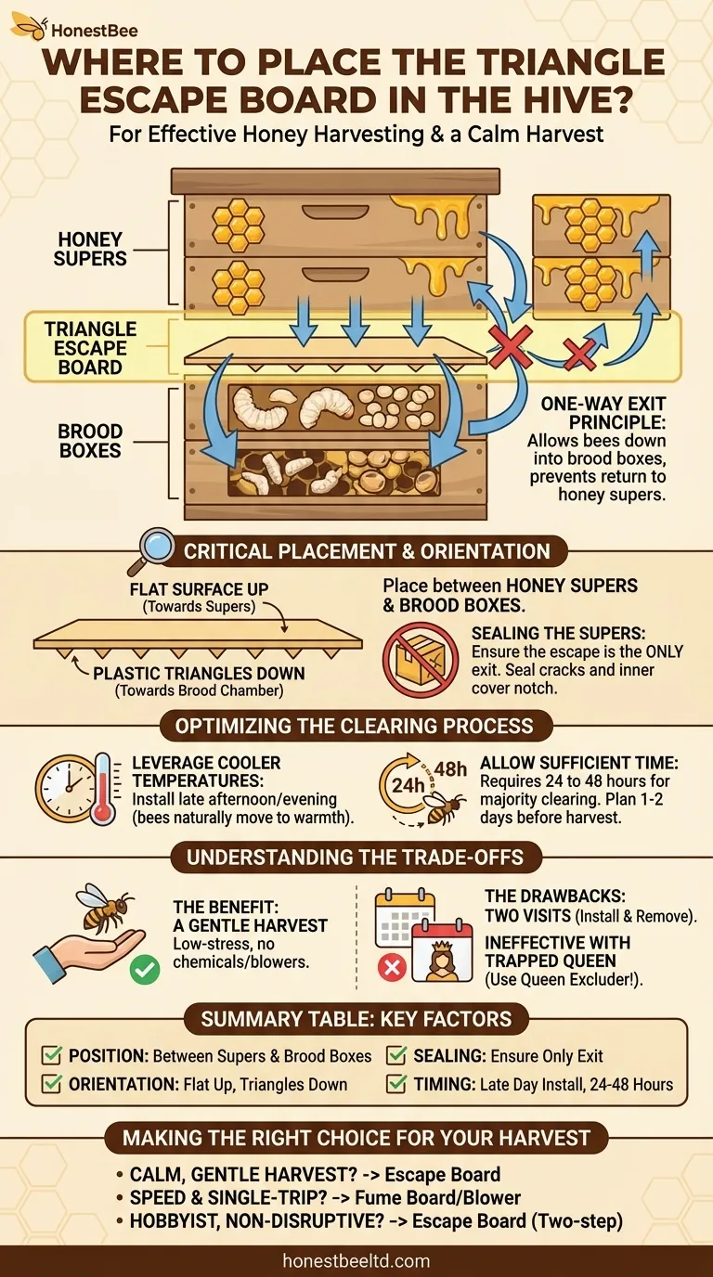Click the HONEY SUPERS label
(x=90, y=249)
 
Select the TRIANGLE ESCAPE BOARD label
(x=90, y=348)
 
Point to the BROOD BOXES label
(x=90, y=441)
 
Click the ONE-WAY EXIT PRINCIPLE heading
(x=604, y=415)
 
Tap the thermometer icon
(x=103, y=790)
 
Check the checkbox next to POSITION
(x=52, y=1055)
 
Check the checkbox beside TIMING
(x=395, y=1083)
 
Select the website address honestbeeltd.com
(x=356, y=1260)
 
